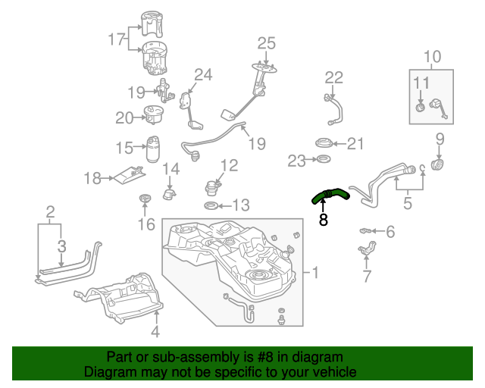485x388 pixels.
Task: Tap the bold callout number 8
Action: (x=323, y=221)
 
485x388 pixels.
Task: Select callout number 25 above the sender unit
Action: (x=267, y=43)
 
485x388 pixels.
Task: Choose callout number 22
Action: (x=334, y=77)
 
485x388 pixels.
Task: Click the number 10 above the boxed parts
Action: (x=431, y=56)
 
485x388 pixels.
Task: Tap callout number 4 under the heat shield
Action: (x=155, y=331)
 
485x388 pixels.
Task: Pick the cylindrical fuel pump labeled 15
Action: (x=154, y=149)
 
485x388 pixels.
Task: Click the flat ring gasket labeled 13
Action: (x=212, y=206)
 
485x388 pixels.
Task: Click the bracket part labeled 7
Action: (x=369, y=249)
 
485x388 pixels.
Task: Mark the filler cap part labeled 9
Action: (x=437, y=164)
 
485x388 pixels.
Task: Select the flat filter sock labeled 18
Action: (x=128, y=175)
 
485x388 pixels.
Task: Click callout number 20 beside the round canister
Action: (x=124, y=117)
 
